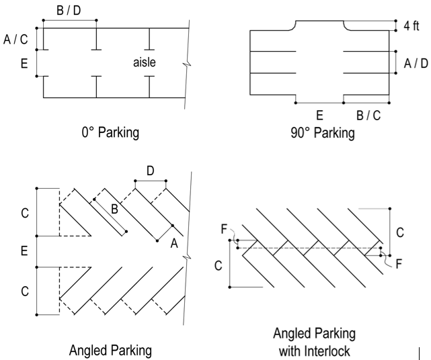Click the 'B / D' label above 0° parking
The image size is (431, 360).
click(x=69, y=11)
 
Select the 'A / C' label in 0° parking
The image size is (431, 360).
click(x=16, y=40)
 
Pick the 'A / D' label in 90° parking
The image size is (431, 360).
click(x=416, y=62)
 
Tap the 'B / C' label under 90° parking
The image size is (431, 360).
click(x=368, y=116)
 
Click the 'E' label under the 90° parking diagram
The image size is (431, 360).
click(x=319, y=116)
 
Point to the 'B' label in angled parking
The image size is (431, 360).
click(x=115, y=209)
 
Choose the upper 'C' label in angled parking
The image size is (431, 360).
click(x=24, y=213)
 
